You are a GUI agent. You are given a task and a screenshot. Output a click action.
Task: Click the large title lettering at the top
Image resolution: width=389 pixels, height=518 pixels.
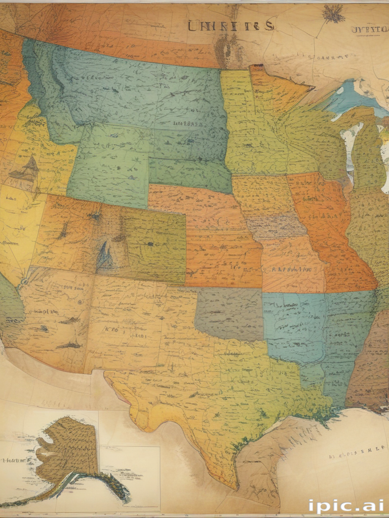[231, 25]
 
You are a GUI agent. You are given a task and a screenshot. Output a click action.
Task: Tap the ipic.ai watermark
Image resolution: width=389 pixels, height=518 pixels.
[345, 506]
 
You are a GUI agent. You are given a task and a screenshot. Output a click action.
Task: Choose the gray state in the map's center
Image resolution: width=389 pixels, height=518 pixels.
[229, 314]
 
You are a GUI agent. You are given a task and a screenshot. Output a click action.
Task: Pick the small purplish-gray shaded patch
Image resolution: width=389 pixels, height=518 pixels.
[276, 225]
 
